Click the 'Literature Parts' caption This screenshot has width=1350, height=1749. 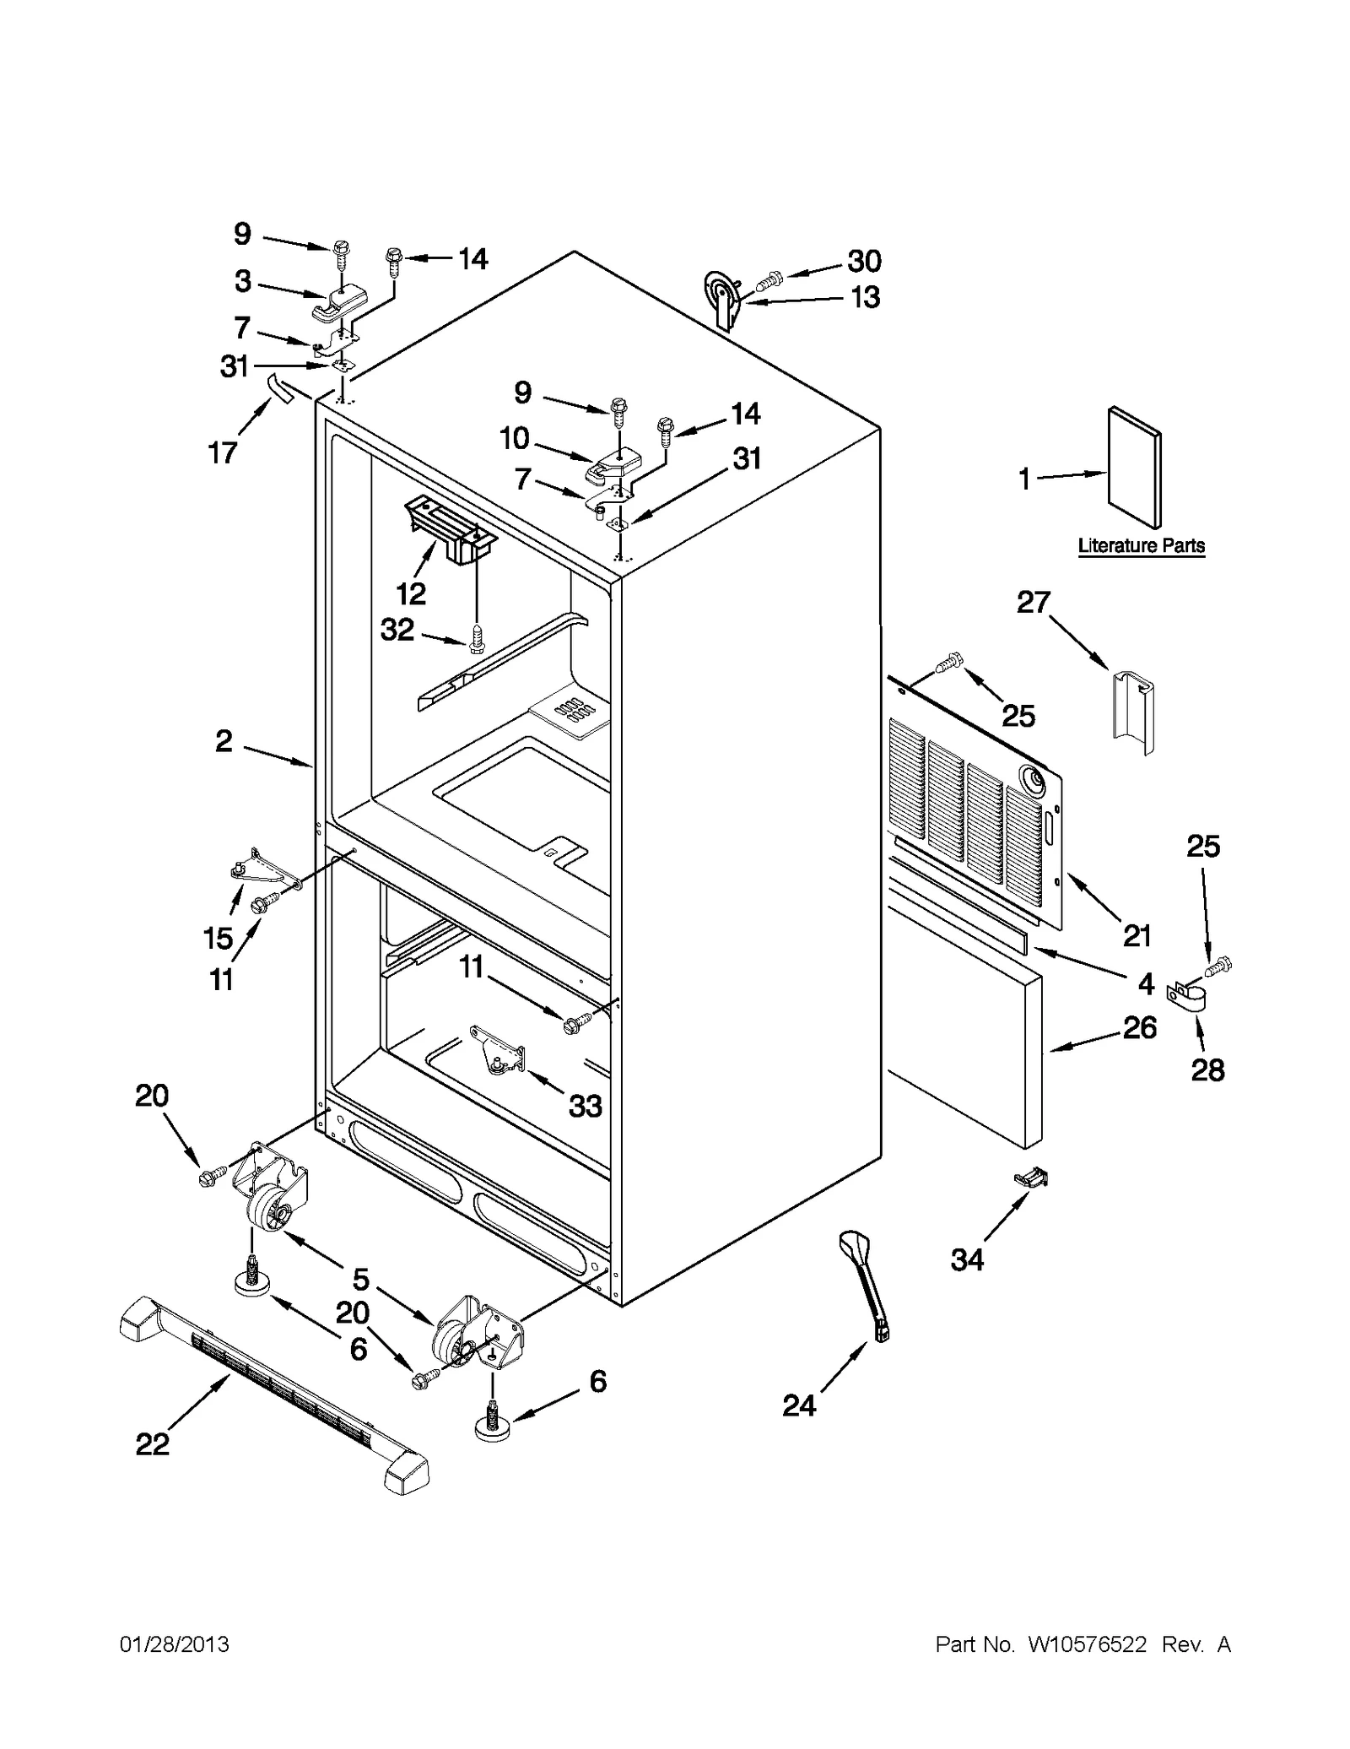click(x=1141, y=546)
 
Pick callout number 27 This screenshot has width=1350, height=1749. click(x=1033, y=603)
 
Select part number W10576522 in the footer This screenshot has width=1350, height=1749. click(x=1087, y=1644)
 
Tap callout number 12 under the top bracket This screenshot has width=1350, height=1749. click(x=411, y=593)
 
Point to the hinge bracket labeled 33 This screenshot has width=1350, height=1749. click(x=498, y=1051)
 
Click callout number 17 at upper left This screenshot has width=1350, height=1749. click(x=223, y=453)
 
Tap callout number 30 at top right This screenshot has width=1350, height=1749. click(x=864, y=261)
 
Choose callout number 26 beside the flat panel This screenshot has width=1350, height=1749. click(x=1139, y=1027)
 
